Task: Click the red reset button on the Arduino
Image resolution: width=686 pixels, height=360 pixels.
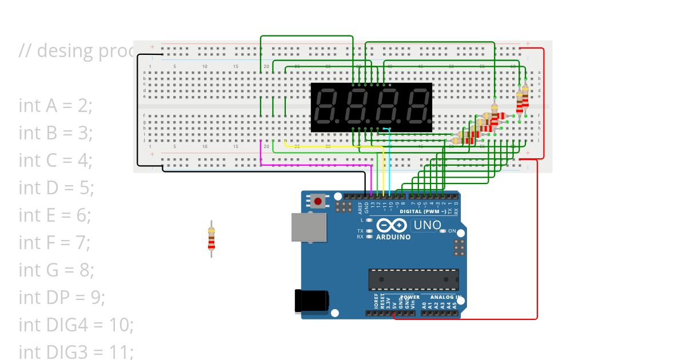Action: [318, 201]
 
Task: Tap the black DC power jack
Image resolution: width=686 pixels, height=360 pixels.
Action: [310, 301]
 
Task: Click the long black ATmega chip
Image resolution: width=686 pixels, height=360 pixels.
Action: [413, 279]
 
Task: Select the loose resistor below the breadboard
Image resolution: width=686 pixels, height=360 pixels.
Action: [212, 238]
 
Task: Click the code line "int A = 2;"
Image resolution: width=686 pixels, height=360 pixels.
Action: [55, 105]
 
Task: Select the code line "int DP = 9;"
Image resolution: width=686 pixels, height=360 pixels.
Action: [62, 297]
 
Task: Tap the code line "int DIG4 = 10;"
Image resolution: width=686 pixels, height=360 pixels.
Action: [76, 325]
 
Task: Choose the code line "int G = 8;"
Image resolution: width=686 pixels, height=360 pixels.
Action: [56, 270]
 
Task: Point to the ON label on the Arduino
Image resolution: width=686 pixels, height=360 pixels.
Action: [452, 231]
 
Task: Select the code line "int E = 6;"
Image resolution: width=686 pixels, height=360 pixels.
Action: [55, 215]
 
